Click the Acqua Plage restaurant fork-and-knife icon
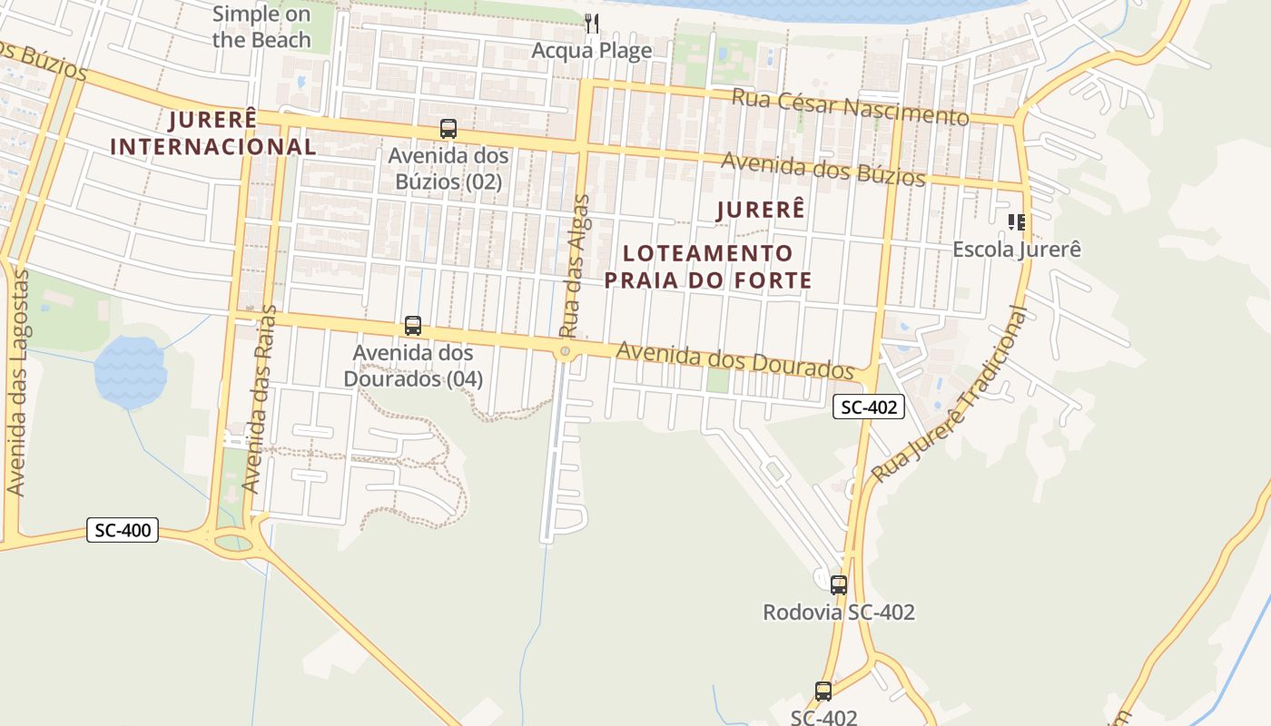tap(592, 24)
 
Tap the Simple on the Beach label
tap(261, 27)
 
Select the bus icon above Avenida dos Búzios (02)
tap(448, 129)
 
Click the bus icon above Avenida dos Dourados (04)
tap(413, 326)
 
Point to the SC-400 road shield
tap(123, 530)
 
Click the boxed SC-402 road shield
tap(869, 407)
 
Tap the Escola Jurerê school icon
tap(1017, 221)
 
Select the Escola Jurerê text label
tap(1017, 249)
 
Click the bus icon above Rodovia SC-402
tap(839, 585)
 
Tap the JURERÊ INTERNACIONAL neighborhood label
tap(213, 132)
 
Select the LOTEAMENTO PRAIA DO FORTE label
tap(708, 267)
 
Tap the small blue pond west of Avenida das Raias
tap(131, 371)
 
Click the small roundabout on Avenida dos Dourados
tap(566, 351)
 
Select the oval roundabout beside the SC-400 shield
tap(233, 543)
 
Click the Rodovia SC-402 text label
tap(839, 613)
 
